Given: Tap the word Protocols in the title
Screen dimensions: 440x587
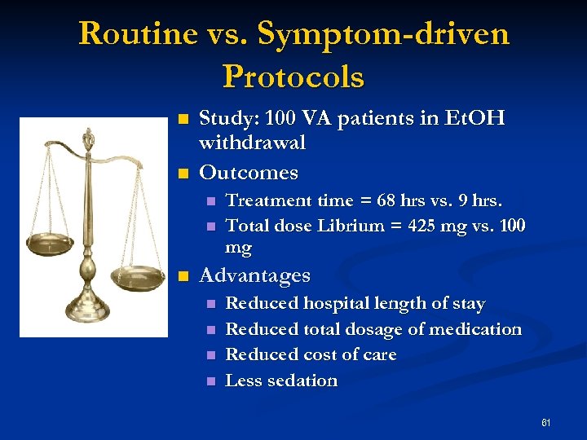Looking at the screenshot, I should pos(293,77).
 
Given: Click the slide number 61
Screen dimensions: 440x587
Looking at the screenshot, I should pos(545,422).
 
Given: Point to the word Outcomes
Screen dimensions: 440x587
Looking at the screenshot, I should pos(249,173).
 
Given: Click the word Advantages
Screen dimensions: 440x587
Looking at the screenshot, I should pos(254,275).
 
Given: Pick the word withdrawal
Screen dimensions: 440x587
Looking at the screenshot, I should pos(253,143).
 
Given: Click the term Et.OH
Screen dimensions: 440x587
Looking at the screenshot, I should pos(474,119).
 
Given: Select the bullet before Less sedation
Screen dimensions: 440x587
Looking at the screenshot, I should pos(210,381).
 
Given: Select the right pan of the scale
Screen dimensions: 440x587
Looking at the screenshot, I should pos(139,275).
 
